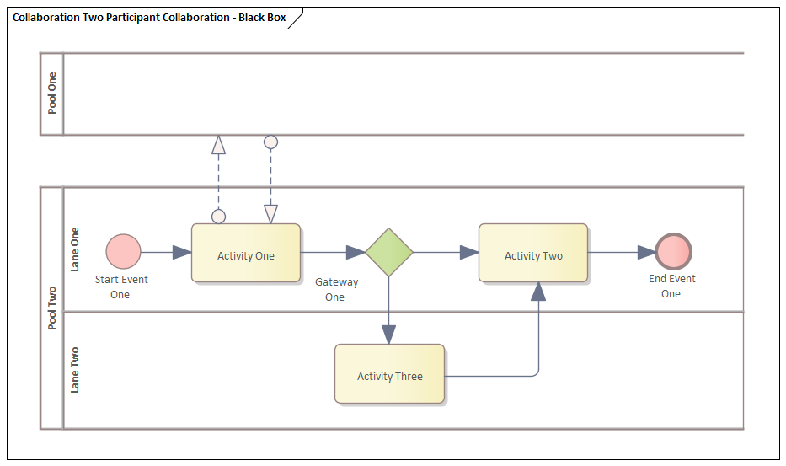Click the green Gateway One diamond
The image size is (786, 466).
(x=389, y=252)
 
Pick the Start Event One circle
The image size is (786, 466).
(x=124, y=252)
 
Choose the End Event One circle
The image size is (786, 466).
(x=673, y=252)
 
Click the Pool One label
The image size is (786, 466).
(x=52, y=94)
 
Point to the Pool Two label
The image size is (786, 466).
(x=52, y=308)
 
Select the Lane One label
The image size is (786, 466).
(x=75, y=249)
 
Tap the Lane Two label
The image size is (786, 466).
(x=75, y=370)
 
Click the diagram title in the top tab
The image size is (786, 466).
(x=149, y=17)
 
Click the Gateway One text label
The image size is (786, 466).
(x=336, y=290)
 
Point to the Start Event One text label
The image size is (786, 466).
(x=120, y=287)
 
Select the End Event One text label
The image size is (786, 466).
(x=671, y=287)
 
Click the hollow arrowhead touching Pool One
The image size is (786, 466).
(x=219, y=144)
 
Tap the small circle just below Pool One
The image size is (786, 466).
(x=270, y=142)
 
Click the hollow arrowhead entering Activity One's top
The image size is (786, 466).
(x=270, y=214)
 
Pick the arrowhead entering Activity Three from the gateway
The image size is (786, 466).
(x=388, y=335)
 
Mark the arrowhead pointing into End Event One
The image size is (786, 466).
(x=646, y=252)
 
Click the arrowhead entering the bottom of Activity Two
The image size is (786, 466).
(x=538, y=292)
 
